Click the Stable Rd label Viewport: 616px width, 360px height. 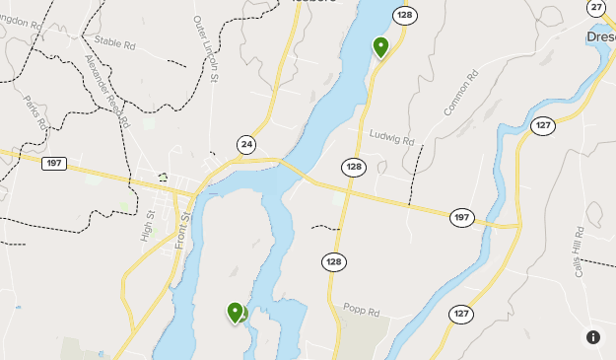(x=114, y=41)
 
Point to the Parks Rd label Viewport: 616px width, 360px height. (x=37, y=111)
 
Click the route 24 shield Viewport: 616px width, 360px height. (x=246, y=145)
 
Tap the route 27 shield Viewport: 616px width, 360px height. (x=596, y=8)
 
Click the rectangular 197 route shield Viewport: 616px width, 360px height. (x=54, y=163)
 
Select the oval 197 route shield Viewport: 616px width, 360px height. (x=461, y=217)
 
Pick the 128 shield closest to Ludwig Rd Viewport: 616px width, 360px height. (x=353, y=167)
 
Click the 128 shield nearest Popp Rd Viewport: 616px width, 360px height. (x=334, y=261)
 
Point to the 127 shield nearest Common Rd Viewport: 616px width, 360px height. (x=542, y=125)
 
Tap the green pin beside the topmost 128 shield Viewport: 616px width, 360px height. (x=380, y=45)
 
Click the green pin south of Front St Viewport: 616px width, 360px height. (x=236, y=312)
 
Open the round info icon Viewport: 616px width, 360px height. (x=593, y=337)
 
